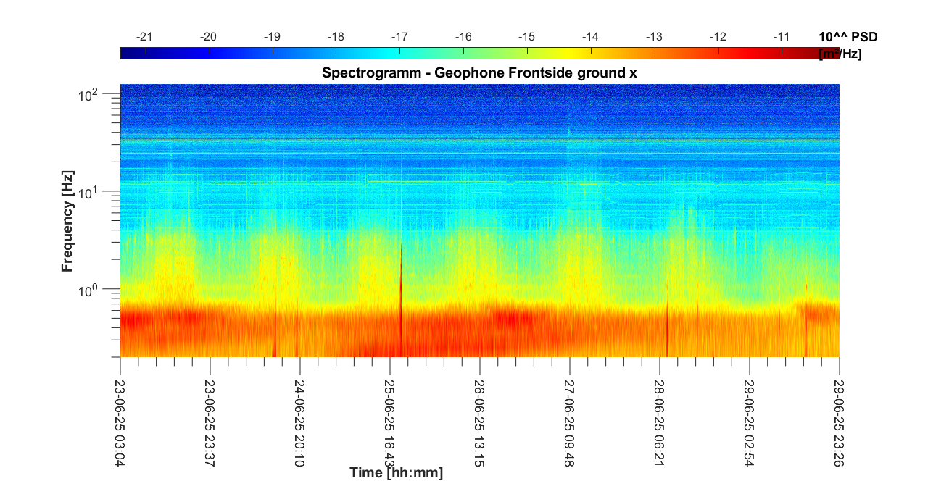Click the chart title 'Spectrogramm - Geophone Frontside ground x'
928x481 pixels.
479,73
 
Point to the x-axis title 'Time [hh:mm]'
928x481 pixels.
396,473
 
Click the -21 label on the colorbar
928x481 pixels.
145,37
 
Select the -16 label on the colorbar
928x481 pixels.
463,37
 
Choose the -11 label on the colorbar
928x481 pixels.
782,37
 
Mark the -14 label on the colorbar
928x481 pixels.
591,37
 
